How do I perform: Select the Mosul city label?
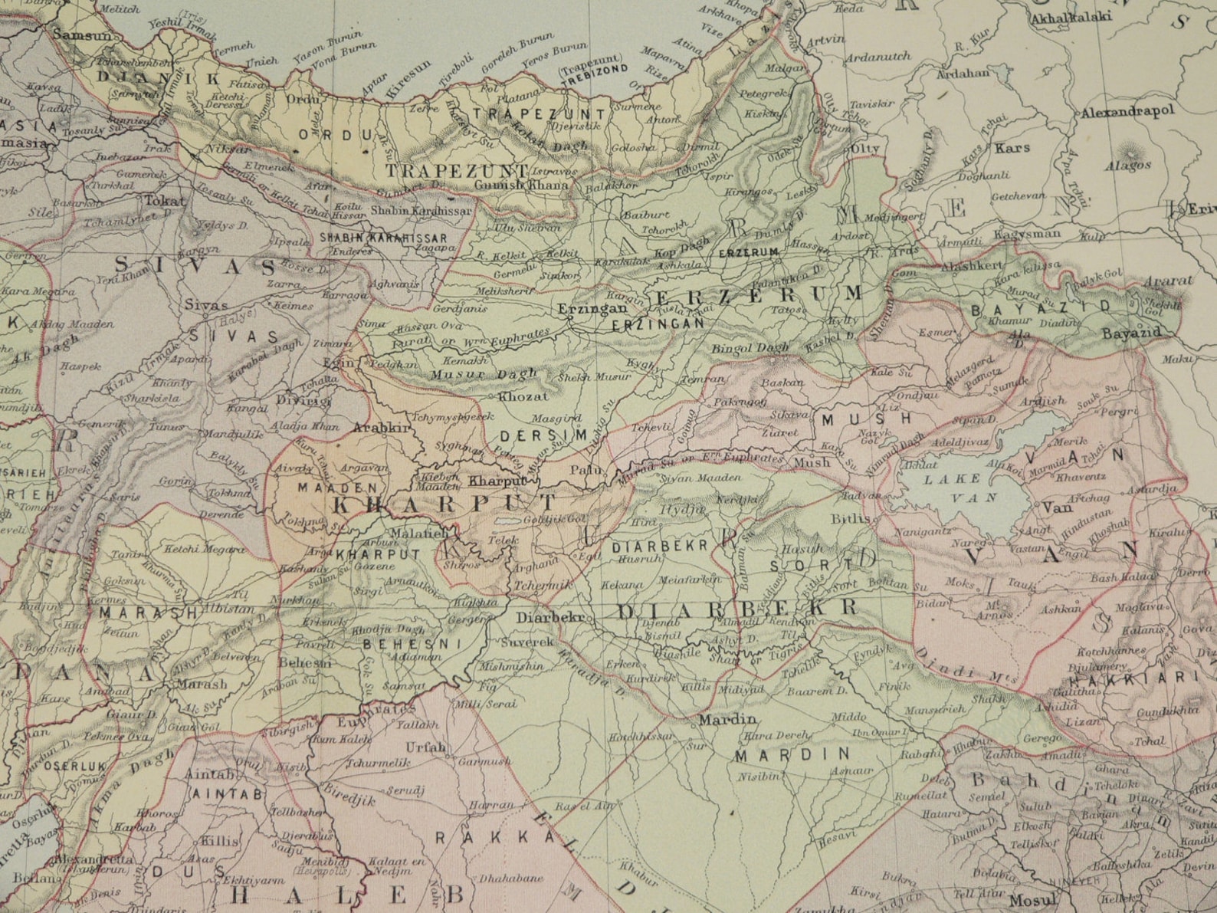[x=1031, y=900]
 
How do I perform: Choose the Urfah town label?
[x=447, y=747]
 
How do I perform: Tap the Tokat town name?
[x=164, y=202]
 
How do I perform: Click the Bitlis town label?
[x=852, y=518]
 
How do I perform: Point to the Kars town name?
[x=1012, y=146]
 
